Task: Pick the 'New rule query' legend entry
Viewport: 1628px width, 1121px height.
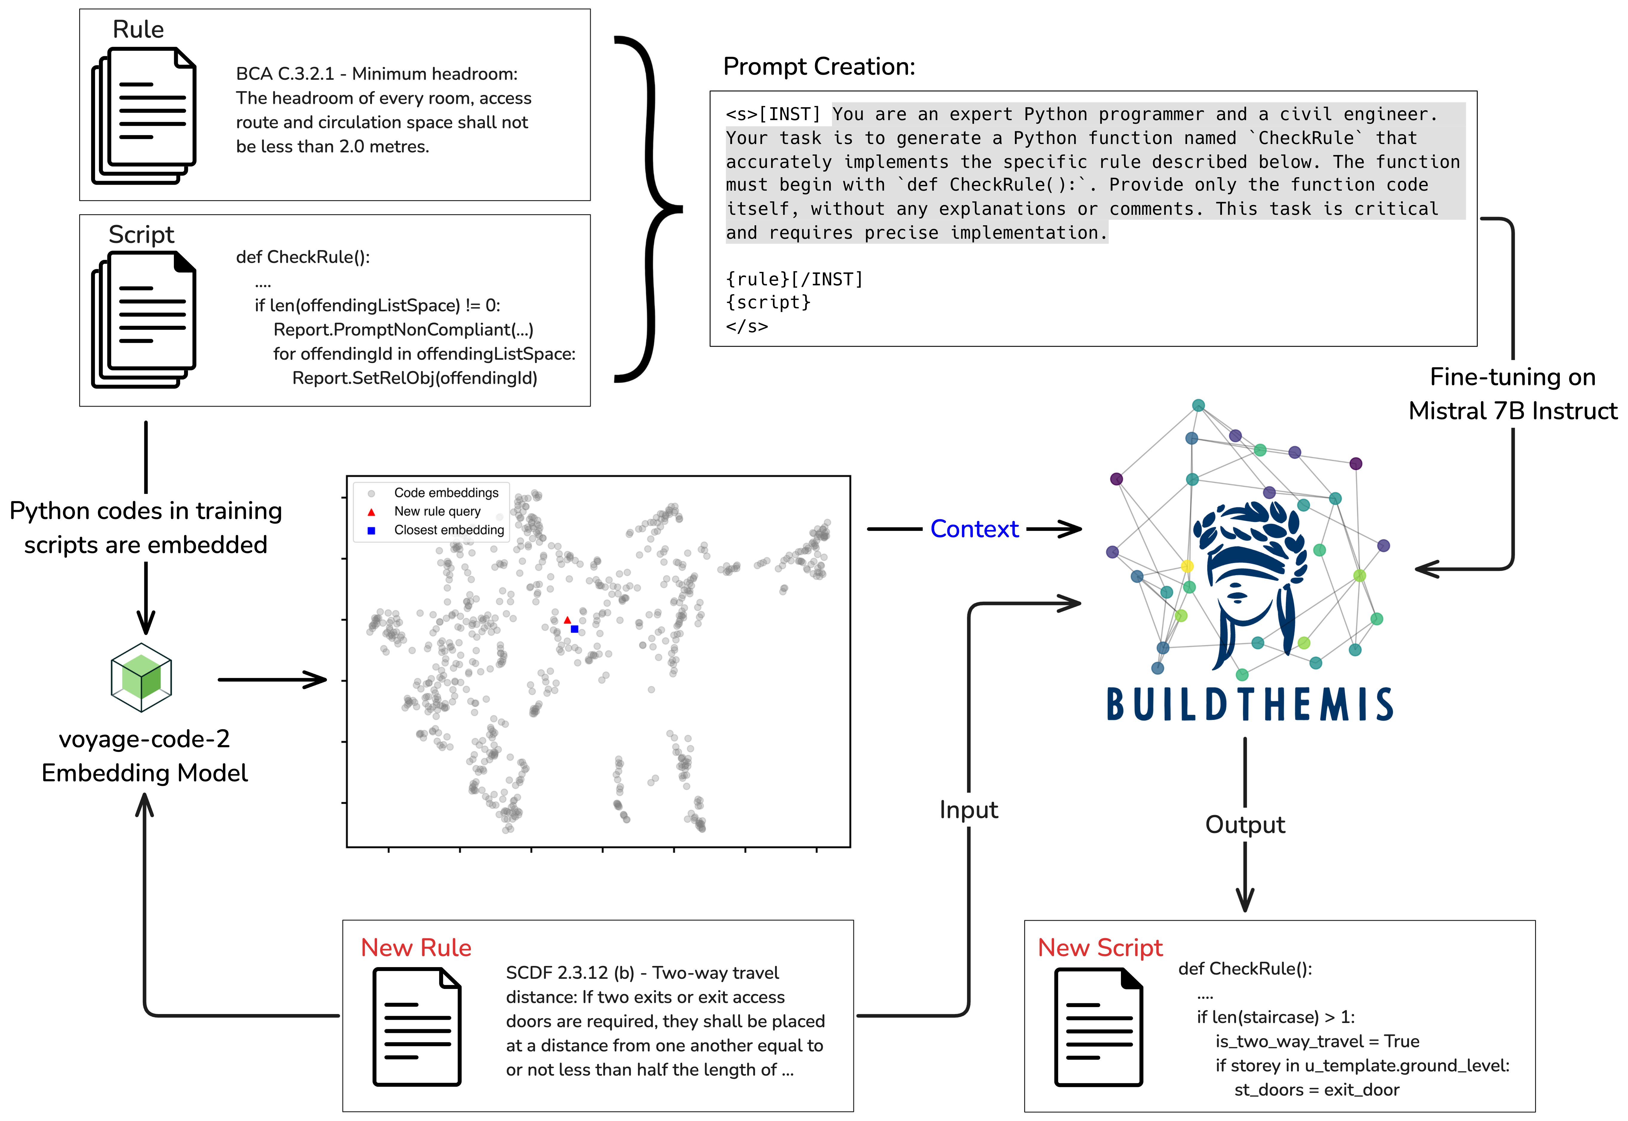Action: pos(437,511)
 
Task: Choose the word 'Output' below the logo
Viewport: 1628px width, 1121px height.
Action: pos(1244,825)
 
